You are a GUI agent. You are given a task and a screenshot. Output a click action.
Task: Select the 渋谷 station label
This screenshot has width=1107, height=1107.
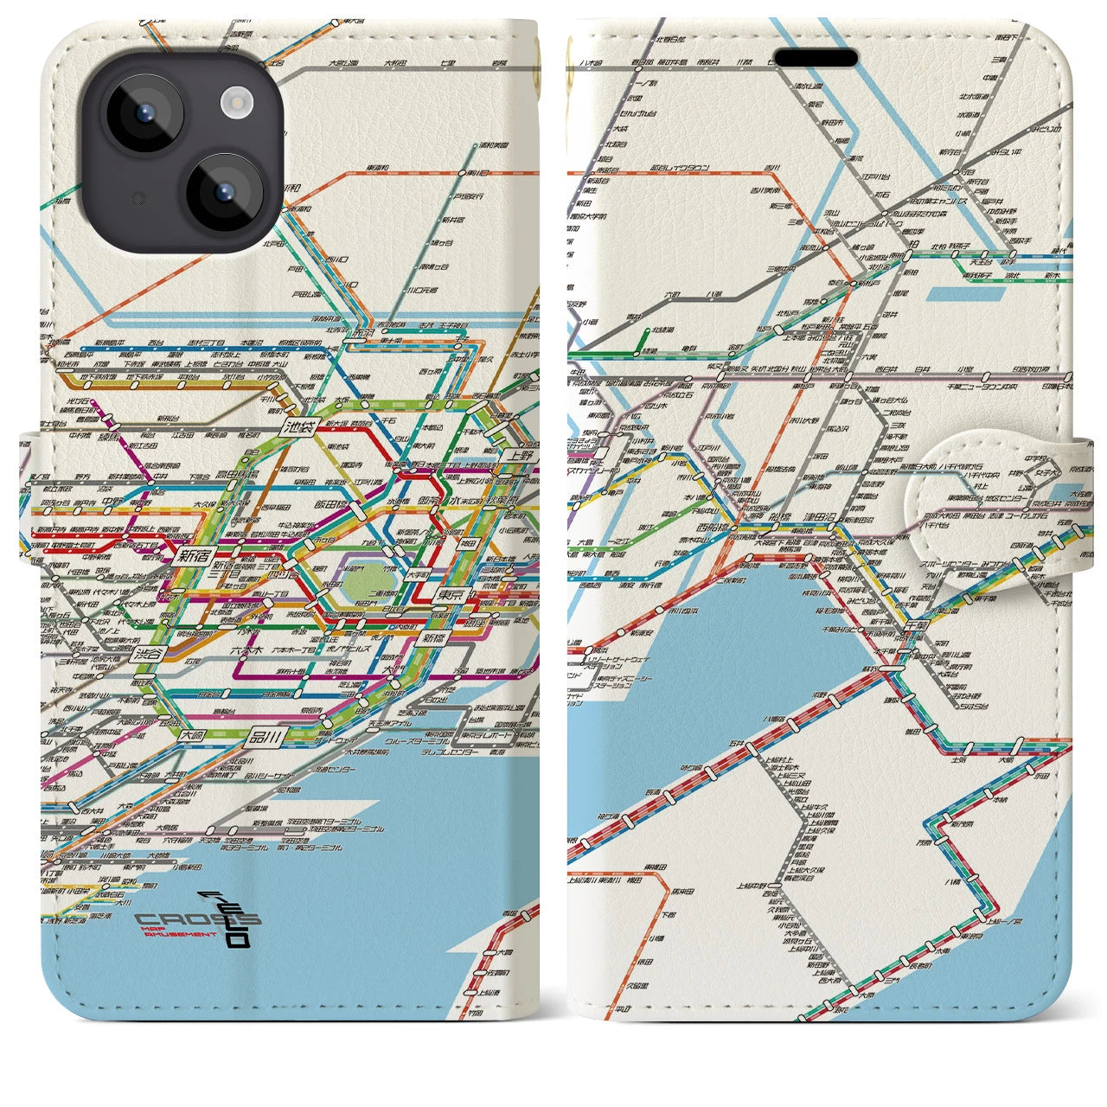click(x=149, y=655)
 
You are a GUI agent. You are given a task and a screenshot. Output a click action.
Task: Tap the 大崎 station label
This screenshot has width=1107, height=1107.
click(x=195, y=736)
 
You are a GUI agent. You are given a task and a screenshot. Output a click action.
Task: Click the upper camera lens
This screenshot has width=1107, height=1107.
click(x=144, y=115)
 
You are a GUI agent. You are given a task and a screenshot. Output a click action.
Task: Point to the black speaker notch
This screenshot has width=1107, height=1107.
click(x=815, y=58)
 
